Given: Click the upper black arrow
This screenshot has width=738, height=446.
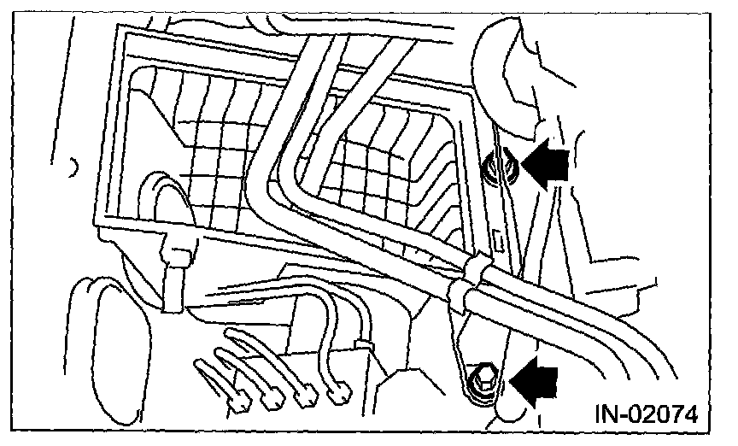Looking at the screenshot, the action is click(547, 165).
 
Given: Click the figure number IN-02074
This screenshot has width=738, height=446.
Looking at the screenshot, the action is click(647, 415).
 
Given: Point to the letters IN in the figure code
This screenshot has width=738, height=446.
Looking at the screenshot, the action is click(604, 415).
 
